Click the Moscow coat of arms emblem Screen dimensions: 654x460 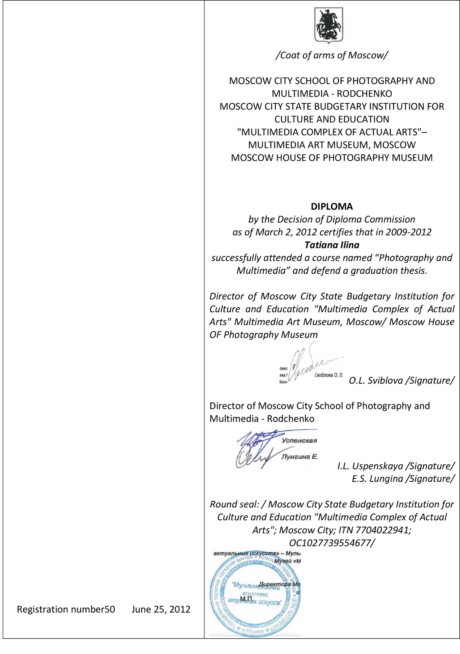tap(328, 25)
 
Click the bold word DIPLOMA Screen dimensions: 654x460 tap(332, 206)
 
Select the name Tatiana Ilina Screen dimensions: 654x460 tap(332, 245)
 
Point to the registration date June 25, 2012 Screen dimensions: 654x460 tap(161, 609)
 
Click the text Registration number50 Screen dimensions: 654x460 tap(66, 609)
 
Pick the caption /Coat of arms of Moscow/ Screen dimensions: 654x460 tap(332, 55)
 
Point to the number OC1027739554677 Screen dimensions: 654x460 tap(331, 543)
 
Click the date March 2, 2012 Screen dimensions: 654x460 tap(286, 232)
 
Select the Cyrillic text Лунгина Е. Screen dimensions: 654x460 tap(299, 456)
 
